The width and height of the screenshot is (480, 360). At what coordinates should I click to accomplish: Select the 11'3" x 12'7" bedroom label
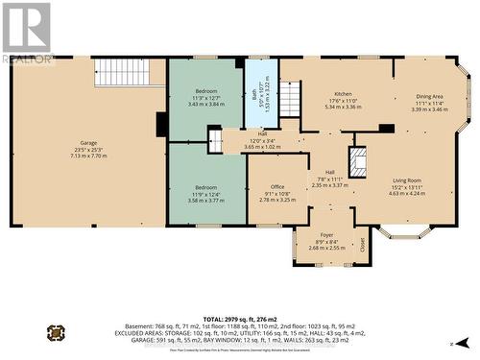(x=204, y=95)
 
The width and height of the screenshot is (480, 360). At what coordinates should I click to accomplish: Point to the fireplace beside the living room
(x=359, y=162)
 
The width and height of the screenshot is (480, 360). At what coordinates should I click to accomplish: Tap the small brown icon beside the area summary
(x=57, y=333)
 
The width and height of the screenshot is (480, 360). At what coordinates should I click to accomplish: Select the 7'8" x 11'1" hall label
(x=329, y=179)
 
